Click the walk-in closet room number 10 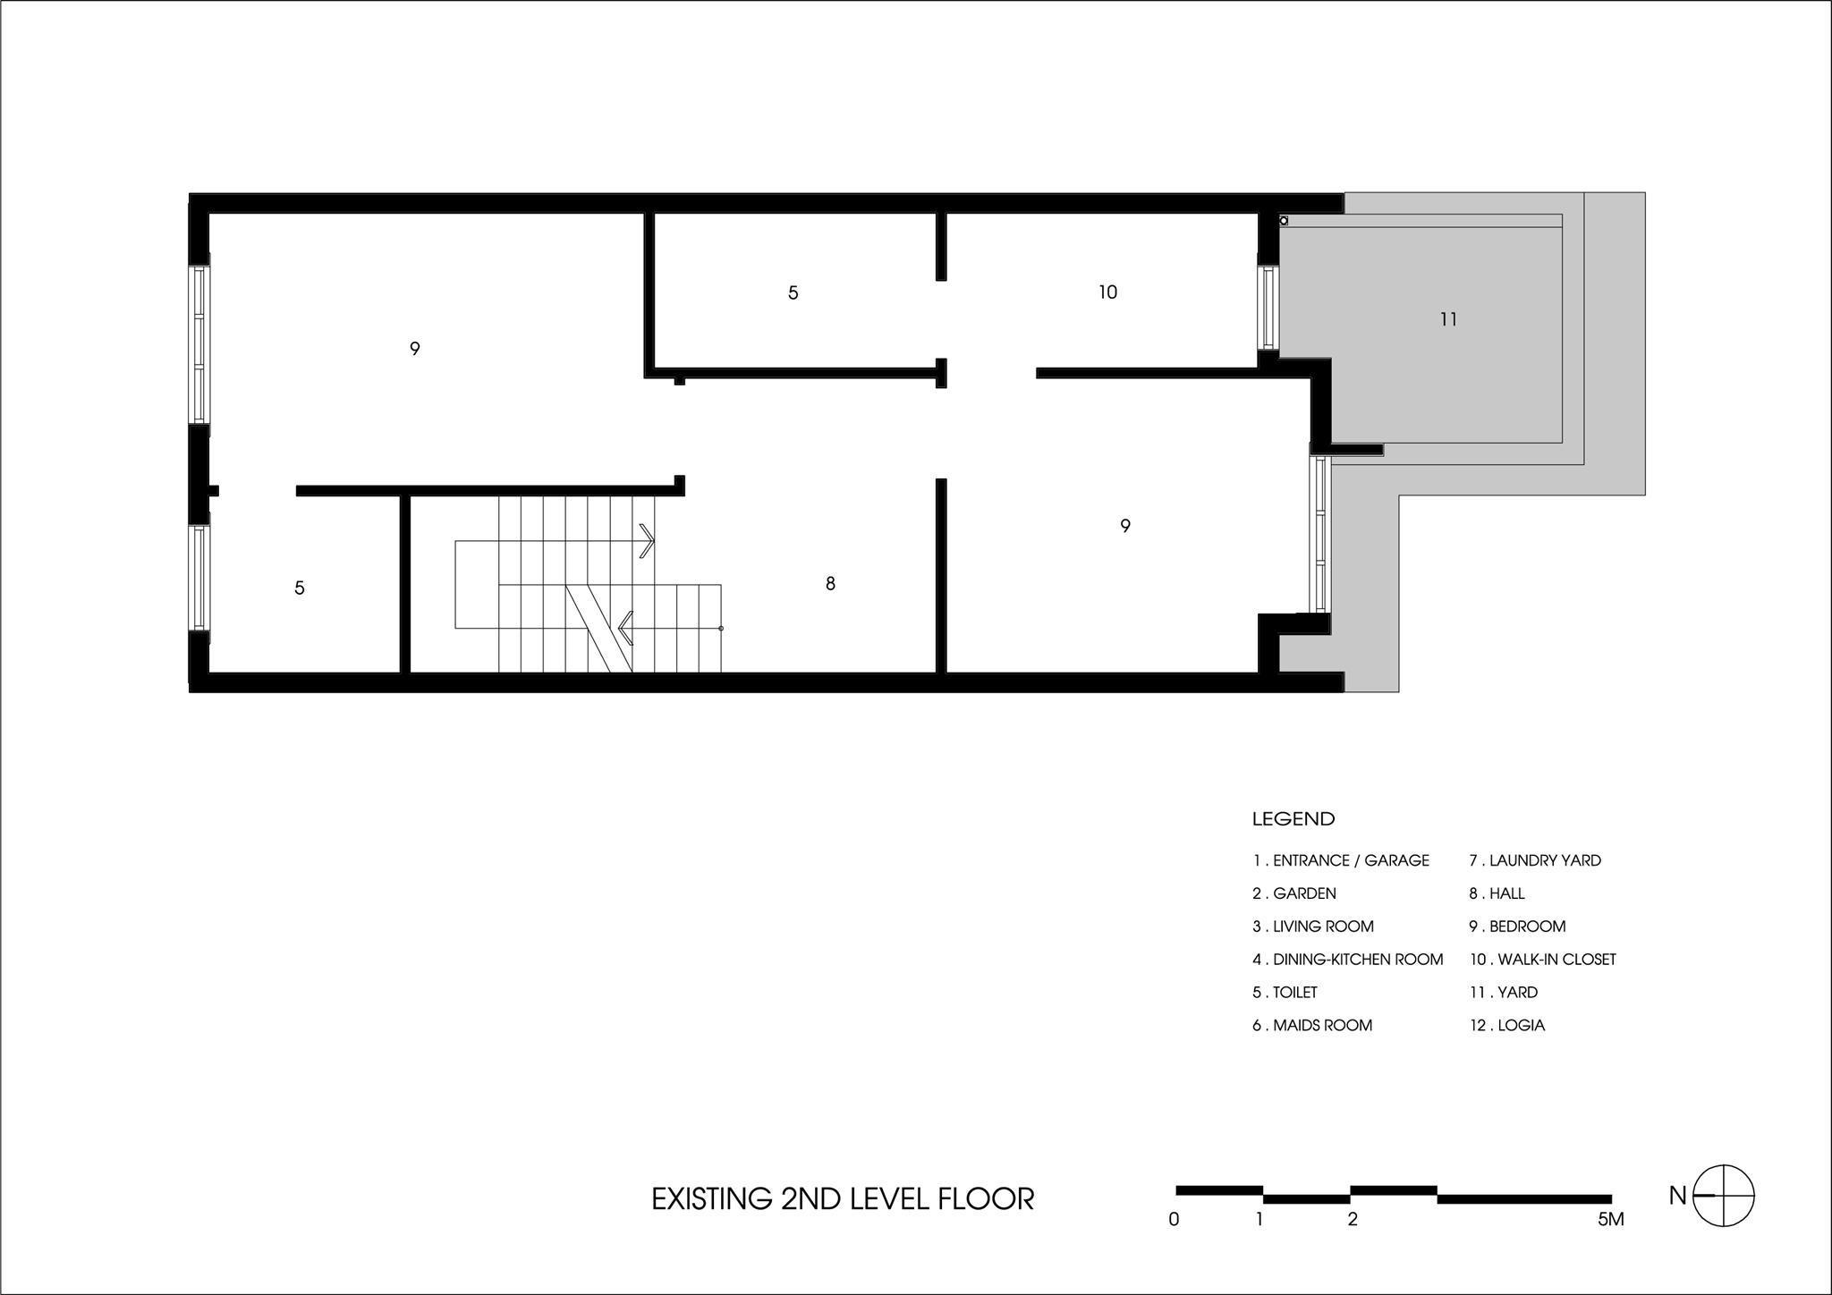point(1107,292)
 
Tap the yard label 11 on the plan point(1449,319)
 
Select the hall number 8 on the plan point(830,584)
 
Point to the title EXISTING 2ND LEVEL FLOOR point(843,1198)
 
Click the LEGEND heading point(1293,818)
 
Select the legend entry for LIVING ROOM point(1313,927)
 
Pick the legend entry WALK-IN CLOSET point(1543,960)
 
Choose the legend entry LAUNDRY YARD point(1535,860)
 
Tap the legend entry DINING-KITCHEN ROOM point(1348,960)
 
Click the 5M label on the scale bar point(1611,1219)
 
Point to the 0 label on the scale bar point(1175,1219)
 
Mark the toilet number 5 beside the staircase point(300,588)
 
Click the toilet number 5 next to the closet point(793,292)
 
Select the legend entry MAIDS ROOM point(1312,1026)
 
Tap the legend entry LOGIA point(1507,1026)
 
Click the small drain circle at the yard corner point(1284,221)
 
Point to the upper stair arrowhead point(648,541)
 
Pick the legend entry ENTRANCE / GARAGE point(1341,860)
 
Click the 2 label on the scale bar point(1353,1219)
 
